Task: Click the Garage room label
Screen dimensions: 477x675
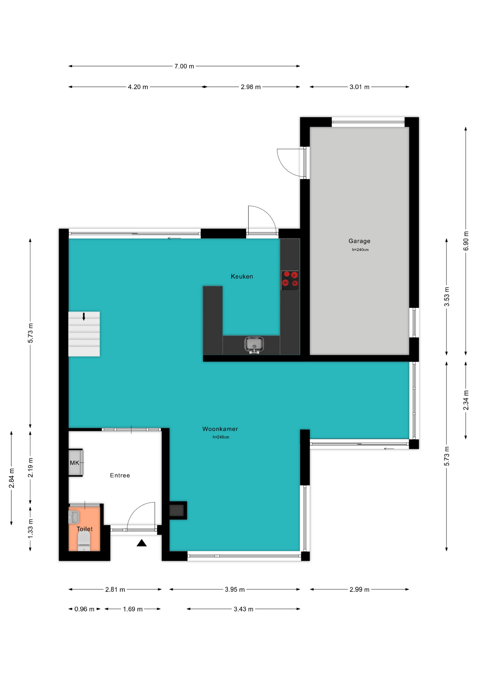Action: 359,241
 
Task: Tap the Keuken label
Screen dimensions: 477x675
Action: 242,276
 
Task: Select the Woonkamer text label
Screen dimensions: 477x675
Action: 220,429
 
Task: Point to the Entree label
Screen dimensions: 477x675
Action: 120,475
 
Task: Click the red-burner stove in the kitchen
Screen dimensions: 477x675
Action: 290,280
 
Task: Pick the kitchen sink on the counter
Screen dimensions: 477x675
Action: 254,345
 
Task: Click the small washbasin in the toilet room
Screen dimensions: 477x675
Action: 74,517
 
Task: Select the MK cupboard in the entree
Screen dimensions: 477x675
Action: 76,463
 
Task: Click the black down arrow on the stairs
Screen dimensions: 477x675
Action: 84,316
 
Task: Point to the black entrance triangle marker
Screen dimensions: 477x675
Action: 142,543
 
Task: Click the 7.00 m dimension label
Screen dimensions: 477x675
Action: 184,66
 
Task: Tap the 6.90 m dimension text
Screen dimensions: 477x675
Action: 466,241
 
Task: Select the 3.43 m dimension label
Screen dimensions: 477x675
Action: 243,609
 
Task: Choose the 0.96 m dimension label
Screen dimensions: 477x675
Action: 84,609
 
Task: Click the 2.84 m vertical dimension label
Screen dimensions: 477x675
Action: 12,478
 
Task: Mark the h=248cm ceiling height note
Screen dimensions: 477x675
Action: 221,437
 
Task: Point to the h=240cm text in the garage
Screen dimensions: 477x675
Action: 360,250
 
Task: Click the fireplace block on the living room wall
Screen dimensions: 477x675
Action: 178,510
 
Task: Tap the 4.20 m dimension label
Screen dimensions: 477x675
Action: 138,87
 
